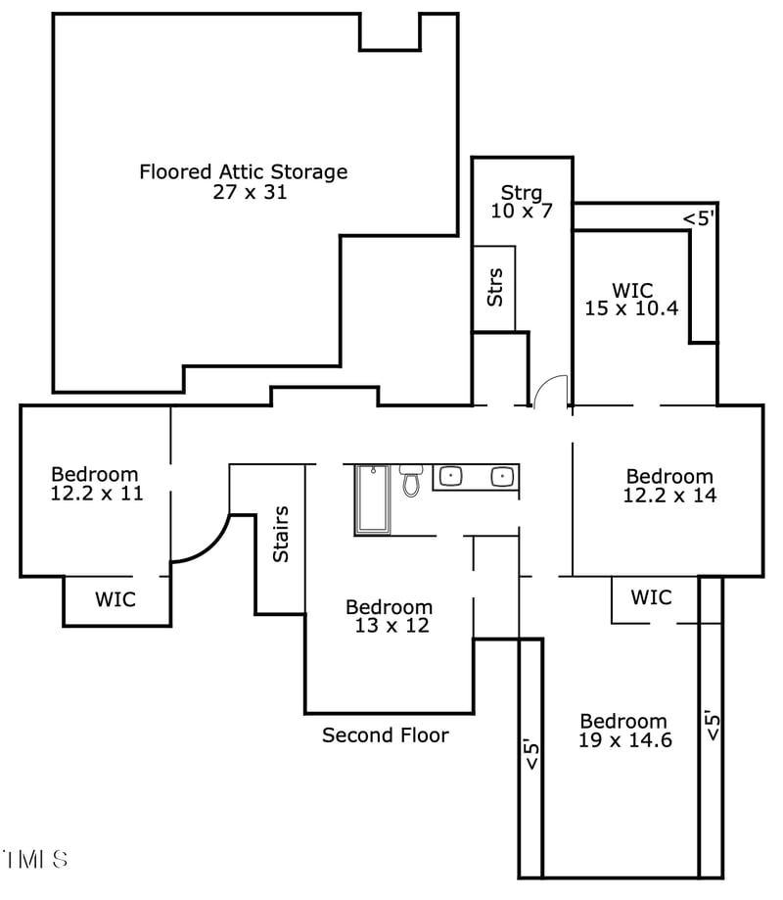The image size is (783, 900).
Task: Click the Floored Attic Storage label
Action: tap(243, 172)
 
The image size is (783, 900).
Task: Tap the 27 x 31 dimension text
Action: tap(250, 193)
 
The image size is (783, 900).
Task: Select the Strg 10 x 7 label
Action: tap(522, 201)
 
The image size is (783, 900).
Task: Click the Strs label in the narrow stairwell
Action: tap(495, 286)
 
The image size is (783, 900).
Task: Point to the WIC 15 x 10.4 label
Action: tap(631, 299)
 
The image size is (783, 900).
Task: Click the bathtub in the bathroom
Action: tap(372, 500)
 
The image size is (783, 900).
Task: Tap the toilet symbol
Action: tap(410, 481)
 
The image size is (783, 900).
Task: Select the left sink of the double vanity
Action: tap(450, 477)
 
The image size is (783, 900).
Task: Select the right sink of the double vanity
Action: tap(502, 477)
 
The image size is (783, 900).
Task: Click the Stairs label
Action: tap(281, 534)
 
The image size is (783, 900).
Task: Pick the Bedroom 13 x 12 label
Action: tap(389, 617)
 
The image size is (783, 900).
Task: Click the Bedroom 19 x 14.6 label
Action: tap(623, 731)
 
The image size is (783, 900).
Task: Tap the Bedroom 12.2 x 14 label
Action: tap(669, 486)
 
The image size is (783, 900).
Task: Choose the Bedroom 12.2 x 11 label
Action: tap(96, 484)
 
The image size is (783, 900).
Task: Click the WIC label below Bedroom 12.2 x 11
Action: tap(115, 598)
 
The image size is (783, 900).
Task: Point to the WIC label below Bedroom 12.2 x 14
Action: tap(651, 596)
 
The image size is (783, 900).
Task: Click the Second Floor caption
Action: tap(386, 734)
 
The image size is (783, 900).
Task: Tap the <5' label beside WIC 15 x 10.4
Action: tap(699, 218)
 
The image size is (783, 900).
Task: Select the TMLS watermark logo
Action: tap(35, 860)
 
